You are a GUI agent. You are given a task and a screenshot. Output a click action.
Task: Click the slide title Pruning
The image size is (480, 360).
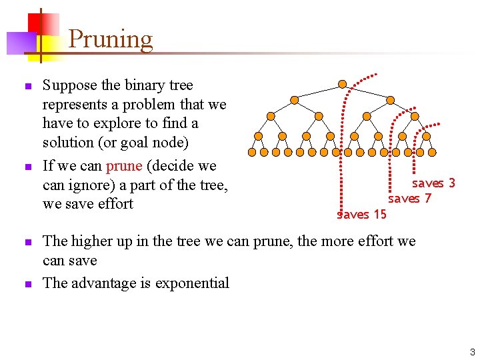[110, 39]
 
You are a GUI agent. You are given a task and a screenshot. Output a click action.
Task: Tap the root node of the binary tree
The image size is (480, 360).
[342, 84]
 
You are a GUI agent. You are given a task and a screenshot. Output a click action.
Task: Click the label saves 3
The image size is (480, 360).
[433, 183]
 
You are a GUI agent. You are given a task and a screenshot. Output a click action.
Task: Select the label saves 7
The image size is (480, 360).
[409, 198]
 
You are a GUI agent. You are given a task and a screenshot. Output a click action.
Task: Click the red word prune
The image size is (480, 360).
[123, 165]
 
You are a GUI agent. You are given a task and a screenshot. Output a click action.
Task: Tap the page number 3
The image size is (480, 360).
[472, 351]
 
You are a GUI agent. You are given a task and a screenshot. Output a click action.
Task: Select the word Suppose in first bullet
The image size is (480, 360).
[70, 85]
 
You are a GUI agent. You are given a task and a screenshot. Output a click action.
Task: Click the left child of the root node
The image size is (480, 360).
[295, 100]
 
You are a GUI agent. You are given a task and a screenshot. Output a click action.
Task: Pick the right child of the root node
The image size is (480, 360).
[390, 100]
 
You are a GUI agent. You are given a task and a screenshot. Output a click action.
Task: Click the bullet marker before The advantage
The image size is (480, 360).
[27, 284]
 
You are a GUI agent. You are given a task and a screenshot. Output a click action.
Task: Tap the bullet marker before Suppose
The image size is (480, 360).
[27, 87]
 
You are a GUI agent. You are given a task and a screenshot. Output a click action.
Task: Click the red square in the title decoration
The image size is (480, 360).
[37, 24]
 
